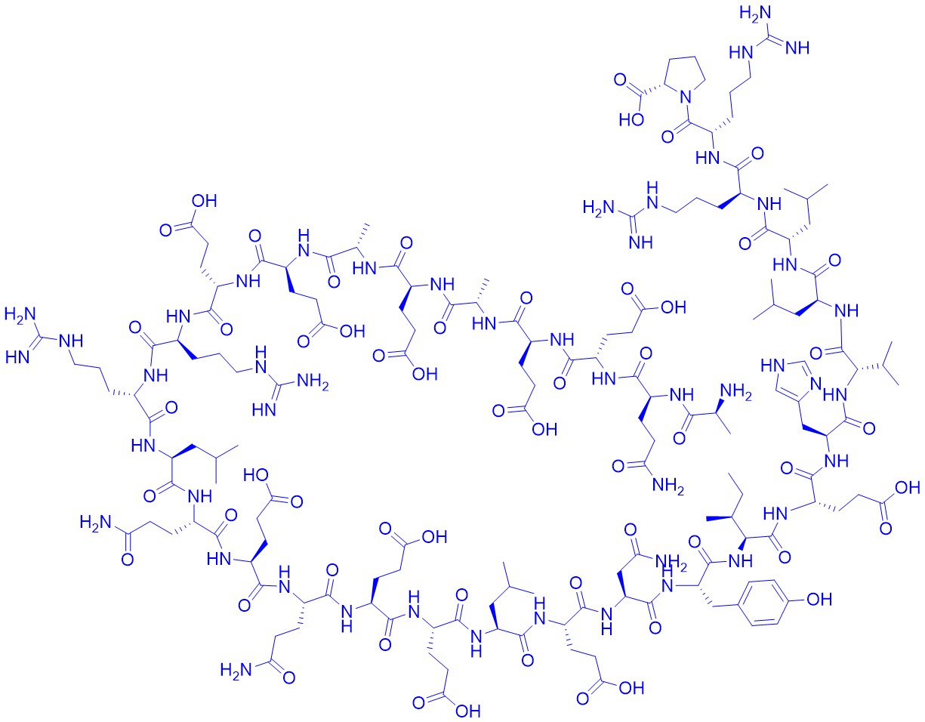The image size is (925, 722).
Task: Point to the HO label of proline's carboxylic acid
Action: point(632,121)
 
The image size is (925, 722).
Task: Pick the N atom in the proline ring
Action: point(685,98)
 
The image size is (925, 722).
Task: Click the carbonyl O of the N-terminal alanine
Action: point(679,437)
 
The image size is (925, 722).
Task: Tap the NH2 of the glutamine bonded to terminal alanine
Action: point(668,486)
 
